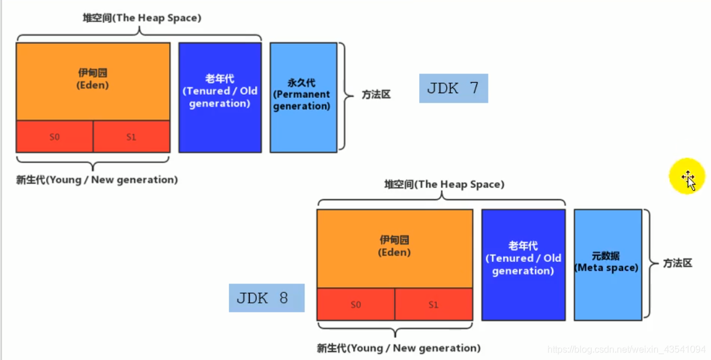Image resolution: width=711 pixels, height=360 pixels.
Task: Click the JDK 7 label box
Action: (x=453, y=89)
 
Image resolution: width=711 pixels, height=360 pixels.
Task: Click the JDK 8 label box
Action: (x=266, y=298)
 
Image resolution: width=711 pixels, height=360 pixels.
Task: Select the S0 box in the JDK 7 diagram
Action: (x=54, y=137)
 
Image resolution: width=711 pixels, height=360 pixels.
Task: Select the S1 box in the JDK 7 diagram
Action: (x=131, y=137)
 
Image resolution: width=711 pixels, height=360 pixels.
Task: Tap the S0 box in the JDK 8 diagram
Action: (x=356, y=305)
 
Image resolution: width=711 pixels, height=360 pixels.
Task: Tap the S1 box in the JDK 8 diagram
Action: (x=433, y=305)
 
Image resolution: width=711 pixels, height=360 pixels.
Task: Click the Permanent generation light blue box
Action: (x=303, y=97)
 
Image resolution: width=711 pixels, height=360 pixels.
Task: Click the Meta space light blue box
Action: (x=607, y=264)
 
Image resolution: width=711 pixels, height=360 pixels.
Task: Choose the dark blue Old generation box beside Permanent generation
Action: (x=220, y=97)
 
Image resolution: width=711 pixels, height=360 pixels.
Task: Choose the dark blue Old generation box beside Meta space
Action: (x=523, y=264)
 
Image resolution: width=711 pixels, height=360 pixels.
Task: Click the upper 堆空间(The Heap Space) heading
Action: (x=142, y=18)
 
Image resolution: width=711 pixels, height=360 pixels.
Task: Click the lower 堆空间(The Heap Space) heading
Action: (x=444, y=185)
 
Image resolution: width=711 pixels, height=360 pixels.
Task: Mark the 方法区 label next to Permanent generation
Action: (x=376, y=94)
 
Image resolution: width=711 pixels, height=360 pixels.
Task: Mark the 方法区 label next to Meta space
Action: (x=677, y=263)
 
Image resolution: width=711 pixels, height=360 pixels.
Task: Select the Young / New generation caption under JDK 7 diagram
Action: (x=97, y=180)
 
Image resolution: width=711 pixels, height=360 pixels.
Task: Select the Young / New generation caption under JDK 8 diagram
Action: (x=398, y=348)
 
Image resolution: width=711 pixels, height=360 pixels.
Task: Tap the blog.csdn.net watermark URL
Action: (x=627, y=350)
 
